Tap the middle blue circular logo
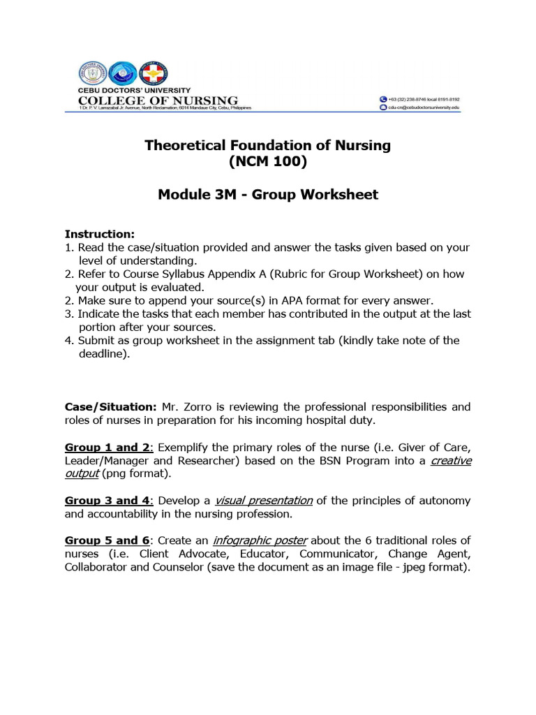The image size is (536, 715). tap(123, 73)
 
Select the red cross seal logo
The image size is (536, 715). tap(153, 73)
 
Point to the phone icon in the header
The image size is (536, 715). tap(382, 100)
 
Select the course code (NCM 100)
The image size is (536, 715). tap(267, 163)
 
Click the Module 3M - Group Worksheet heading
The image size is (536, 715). tap(268, 195)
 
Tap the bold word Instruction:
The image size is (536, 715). tap(100, 234)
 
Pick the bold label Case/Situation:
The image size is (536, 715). tap(111, 406)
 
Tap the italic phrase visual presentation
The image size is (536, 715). tap(264, 501)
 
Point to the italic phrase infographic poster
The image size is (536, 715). tap(261, 540)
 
